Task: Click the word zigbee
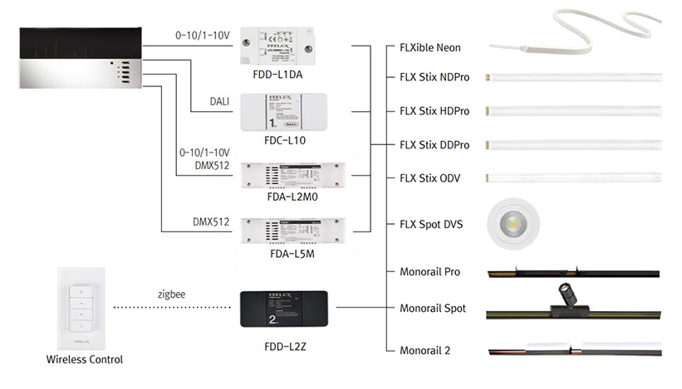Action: [170, 294]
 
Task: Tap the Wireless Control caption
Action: [85, 359]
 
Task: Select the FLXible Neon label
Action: [429, 48]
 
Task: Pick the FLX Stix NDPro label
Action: [434, 77]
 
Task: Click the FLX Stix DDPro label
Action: [434, 145]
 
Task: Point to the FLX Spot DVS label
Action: [431, 224]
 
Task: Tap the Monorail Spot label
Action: [432, 309]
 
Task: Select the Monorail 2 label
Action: [424, 350]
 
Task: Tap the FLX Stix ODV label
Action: [429, 178]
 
